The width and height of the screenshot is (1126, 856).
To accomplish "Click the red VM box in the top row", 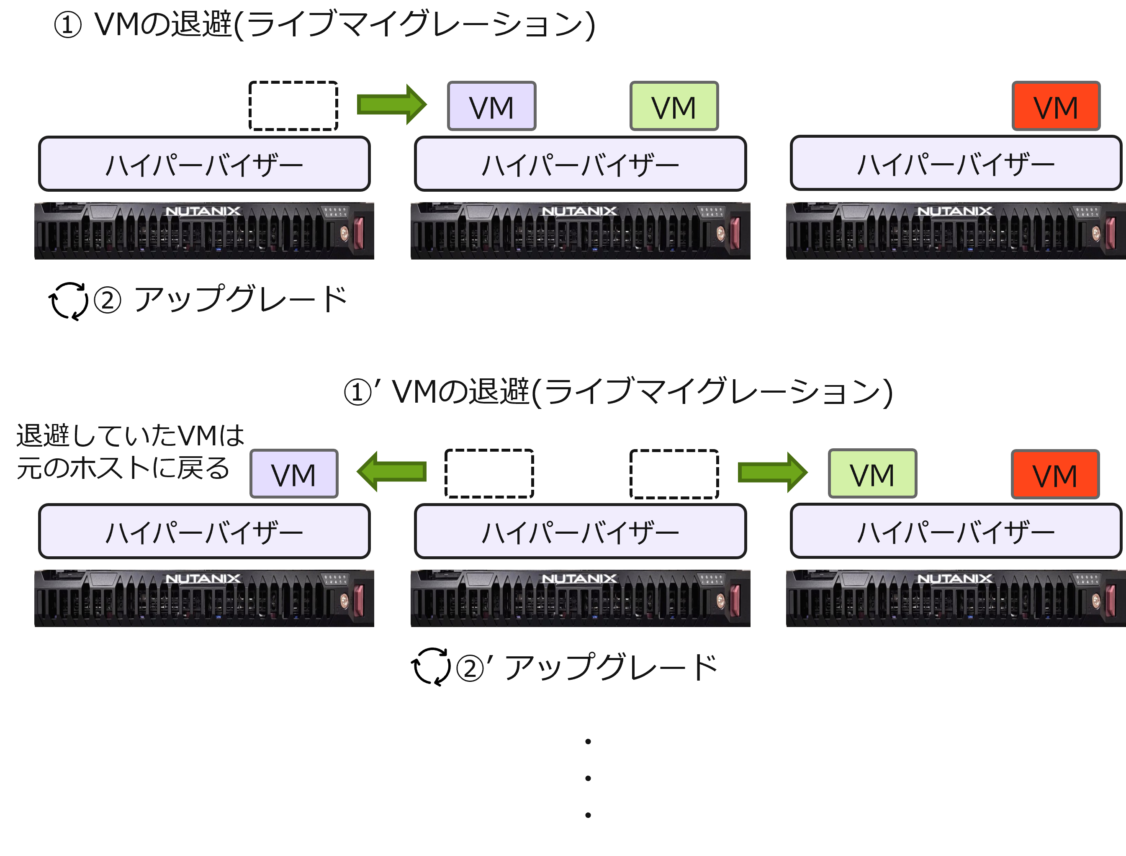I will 1056,106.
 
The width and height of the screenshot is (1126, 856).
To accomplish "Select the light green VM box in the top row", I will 674,106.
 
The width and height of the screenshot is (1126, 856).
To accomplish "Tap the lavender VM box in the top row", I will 491,106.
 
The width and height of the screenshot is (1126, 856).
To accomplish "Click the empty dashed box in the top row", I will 293,106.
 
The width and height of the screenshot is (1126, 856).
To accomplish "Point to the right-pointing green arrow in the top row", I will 391,105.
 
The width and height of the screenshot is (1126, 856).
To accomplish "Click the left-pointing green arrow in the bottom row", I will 391,471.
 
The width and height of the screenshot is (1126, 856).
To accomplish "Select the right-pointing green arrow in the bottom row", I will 772,472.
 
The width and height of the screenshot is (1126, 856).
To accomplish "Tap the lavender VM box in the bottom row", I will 294,473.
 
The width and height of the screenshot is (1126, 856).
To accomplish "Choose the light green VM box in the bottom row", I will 872,473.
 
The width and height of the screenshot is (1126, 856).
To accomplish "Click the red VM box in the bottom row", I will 1055,474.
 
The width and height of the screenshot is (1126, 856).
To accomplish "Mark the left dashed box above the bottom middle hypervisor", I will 489,474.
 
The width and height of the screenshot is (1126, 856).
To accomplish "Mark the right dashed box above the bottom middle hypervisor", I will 674,474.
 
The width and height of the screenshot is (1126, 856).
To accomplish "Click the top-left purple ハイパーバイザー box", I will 204,164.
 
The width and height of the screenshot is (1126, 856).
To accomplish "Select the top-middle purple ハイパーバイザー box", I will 580,164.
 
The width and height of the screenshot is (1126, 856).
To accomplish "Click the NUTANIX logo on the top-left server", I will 203,211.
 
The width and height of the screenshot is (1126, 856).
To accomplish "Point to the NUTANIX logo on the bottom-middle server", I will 579,578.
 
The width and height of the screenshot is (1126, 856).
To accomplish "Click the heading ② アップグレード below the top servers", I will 220,299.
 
